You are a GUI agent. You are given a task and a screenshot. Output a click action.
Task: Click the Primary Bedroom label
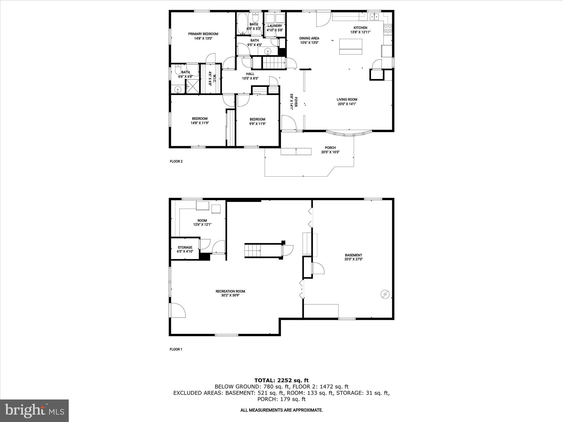pos(203,34)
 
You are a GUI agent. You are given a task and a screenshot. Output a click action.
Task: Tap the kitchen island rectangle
pos(351,47)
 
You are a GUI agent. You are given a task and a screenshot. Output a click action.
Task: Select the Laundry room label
pos(275,26)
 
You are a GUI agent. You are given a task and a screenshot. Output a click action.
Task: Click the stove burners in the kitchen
pos(388,28)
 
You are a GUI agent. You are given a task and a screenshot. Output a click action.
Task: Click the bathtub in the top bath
pos(243,23)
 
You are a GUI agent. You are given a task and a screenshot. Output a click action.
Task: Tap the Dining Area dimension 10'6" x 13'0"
pos(309,43)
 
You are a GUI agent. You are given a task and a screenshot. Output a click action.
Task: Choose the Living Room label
pos(347,99)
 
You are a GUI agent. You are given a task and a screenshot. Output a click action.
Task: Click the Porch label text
pos(330,148)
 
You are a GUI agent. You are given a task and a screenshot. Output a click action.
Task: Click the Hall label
pos(250,74)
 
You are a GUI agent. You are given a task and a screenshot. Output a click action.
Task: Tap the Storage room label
pos(185,247)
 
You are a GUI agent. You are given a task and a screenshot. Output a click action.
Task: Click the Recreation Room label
pos(230,291)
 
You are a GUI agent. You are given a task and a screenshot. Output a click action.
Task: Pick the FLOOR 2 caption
pos(176,161)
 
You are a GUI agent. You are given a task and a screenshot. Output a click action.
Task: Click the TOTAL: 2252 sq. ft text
pos(281,380)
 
